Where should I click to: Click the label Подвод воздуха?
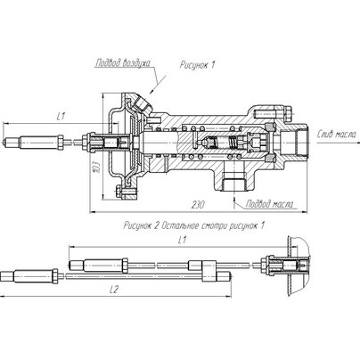[x=123, y=63]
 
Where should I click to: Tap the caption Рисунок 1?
[x=197, y=65]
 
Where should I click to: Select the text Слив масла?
[x=336, y=135]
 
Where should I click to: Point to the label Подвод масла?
[x=270, y=204]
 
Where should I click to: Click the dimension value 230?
[x=198, y=205]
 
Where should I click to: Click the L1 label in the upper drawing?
[x=61, y=117]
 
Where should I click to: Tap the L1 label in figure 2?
[x=182, y=240]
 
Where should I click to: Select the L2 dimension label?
[x=114, y=290]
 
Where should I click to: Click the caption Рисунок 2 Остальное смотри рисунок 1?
[x=194, y=225]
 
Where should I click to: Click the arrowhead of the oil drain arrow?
[x=354, y=143]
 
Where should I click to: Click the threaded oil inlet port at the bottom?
[x=233, y=184]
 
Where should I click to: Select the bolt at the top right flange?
[x=288, y=113]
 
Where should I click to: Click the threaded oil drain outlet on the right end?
[x=300, y=140]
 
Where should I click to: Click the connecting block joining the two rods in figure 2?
[x=209, y=271]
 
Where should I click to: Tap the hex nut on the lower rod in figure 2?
[x=55, y=276]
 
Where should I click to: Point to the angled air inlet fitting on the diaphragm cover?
[x=141, y=104]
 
